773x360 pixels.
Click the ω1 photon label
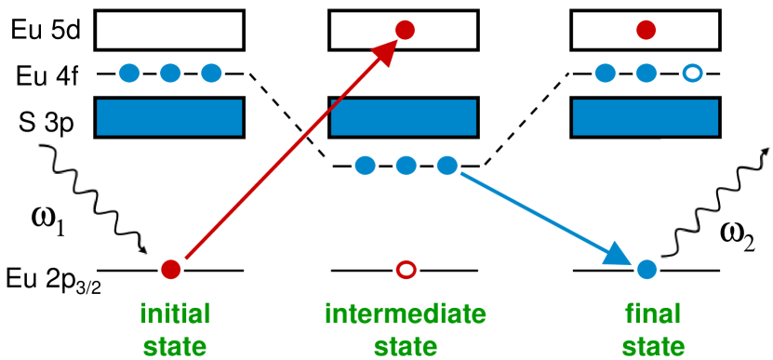(x=51, y=222)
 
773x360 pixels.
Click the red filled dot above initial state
(x=170, y=270)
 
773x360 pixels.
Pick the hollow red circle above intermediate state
(x=406, y=270)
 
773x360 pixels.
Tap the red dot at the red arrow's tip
(x=405, y=30)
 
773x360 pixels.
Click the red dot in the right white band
(x=646, y=31)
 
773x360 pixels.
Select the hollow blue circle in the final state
(x=690, y=73)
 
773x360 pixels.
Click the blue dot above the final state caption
(x=646, y=270)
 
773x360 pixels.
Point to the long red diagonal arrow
(x=288, y=149)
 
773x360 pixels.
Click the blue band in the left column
(x=169, y=117)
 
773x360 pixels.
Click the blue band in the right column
(x=645, y=117)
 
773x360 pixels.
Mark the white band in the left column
(x=169, y=30)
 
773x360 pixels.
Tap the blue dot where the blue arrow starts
(x=447, y=166)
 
